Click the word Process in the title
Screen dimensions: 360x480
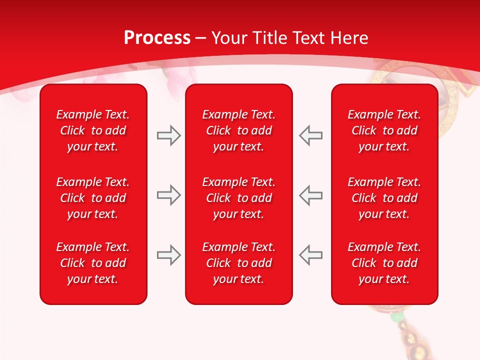pyautogui.click(x=157, y=38)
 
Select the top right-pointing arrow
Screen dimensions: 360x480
pyautogui.click(x=168, y=135)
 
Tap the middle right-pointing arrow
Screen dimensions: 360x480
pyautogui.click(x=168, y=195)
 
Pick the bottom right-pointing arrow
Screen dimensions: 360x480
pyautogui.click(x=168, y=255)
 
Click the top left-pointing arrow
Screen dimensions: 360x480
pyautogui.click(x=311, y=135)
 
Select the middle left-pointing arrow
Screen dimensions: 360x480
pyautogui.click(x=311, y=195)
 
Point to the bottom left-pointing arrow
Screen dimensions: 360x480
pyautogui.click(x=311, y=255)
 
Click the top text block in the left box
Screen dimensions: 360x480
pyautogui.click(x=93, y=130)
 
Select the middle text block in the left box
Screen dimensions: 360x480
pyautogui.click(x=93, y=198)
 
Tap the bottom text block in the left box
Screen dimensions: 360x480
pyautogui.click(x=93, y=263)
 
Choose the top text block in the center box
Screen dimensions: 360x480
pyautogui.click(x=238, y=130)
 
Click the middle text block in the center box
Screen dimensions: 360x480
pyautogui.click(x=238, y=198)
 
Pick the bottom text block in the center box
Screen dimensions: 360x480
pyautogui.click(x=238, y=263)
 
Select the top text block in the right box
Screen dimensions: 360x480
pyautogui.click(x=384, y=130)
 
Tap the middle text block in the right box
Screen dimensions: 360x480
pyautogui.click(x=384, y=198)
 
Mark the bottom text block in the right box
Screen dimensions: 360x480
pyautogui.click(x=384, y=263)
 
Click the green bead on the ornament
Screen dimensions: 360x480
pyautogui.click(x=396, y=316)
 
